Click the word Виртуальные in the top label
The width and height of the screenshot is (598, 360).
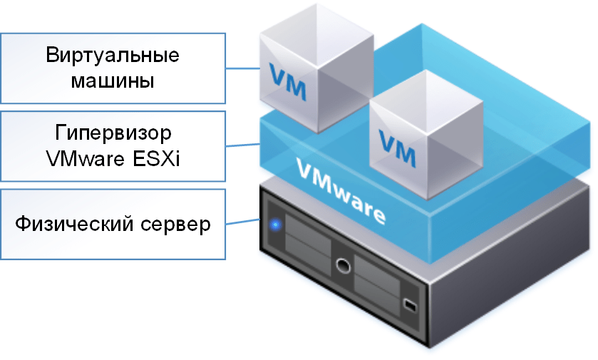[x=113, y=56]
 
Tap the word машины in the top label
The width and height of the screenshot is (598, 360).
[x=113, y=81]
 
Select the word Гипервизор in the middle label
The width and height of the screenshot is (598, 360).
[x=113, y=133]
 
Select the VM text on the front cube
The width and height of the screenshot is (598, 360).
[x=396, y=141]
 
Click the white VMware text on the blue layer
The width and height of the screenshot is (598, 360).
[x=341, y=191]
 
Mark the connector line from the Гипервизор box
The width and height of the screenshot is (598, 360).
[x=242, y=145]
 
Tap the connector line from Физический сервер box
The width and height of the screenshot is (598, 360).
[x=242, y=224]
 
